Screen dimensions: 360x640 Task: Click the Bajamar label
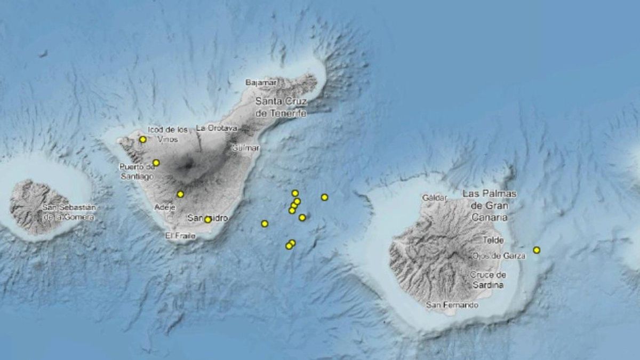tap(261, 83)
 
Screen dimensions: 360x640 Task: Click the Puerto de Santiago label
tap(137, 171)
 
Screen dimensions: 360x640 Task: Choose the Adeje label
tap(164, 207)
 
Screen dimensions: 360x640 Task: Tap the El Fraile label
tap(180, 235)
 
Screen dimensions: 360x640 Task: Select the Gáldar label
tap(434, 197)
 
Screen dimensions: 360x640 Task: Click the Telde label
tap(493, 241)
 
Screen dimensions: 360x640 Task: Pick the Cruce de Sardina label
tap(488, 280)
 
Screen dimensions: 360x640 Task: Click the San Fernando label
tap(452, 305)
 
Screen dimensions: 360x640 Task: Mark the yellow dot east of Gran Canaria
tap(537, 250)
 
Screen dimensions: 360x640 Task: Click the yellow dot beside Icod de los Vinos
tap(143, 140)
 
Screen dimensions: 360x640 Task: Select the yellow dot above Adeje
tap(180, 194)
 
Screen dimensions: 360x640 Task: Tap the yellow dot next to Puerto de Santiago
tap(156, 163)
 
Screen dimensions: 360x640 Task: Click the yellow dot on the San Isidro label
tap(207, 219)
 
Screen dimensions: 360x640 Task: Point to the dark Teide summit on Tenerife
tap(188, 165)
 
